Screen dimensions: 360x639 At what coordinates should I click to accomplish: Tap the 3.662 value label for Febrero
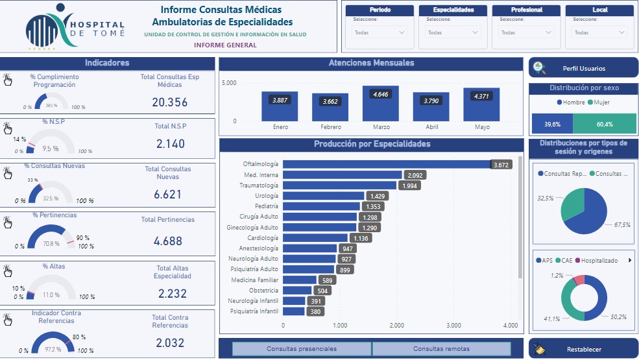pyautogui.click(x=330, y=101)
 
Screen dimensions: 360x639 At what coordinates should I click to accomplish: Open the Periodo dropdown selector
pyautogui.click(x=380, y=32)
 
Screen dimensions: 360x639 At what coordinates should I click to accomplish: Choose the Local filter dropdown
pyautogui.click(x=600, y=32)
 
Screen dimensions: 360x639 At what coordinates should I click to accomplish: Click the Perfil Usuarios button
pyautogui.click(x=583, y=68)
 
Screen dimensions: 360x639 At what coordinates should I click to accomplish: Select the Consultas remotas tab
pyautogui.click(x=441, y=349)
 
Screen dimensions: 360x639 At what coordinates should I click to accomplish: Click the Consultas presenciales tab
pyautogui.click(x=302, y=349)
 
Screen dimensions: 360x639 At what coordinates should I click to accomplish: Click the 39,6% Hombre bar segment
pyautogui.click(x=552, y=124)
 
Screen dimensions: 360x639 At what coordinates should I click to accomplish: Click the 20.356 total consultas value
pyautogui.click(x=169, y=102)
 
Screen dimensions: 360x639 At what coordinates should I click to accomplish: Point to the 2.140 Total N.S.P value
pyautogui.click(x=170, y=143)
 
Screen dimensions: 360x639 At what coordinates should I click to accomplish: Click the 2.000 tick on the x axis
pyautogui.click(x=397, y=326)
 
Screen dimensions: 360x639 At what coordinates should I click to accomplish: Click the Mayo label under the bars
pyautogui.click(x=481, y=127)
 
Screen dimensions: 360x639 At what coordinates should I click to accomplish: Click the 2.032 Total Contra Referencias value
pyautogui.click(x=170, y=343)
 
